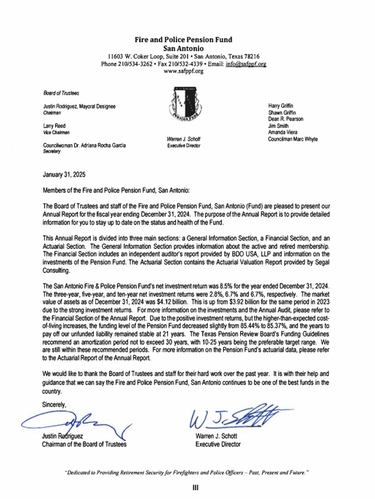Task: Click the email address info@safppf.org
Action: tap(246, 64)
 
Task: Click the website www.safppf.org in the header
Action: tap(183, 71)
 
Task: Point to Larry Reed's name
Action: tap(55, 127)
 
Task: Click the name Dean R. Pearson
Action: tap(286, 120)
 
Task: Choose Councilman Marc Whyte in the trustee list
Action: tap(293, 139)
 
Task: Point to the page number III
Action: tap(195, 488)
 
